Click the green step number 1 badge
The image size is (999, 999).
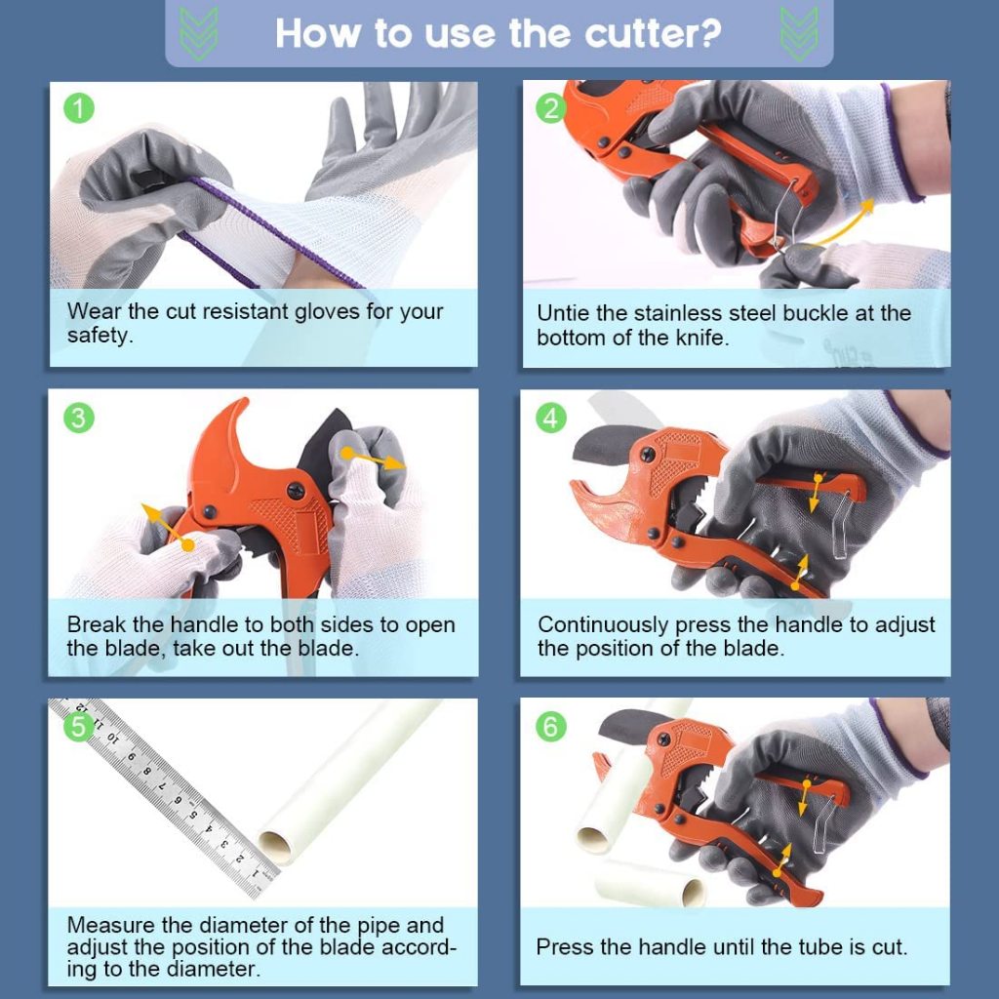tap(79, 108)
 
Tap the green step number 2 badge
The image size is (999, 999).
tap(551, 108)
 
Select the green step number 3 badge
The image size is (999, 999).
tap(79, 418)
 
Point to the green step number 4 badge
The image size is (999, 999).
tap(551, 418)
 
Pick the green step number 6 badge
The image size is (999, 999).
tap(551, 726)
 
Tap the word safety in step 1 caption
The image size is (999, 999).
tap(100, 336)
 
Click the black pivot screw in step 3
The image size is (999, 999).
tap(296, 491)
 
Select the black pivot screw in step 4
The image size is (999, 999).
tap(647, 455)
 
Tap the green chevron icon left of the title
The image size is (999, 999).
tap(198, 34)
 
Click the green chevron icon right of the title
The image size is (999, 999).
tap(799, 34)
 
